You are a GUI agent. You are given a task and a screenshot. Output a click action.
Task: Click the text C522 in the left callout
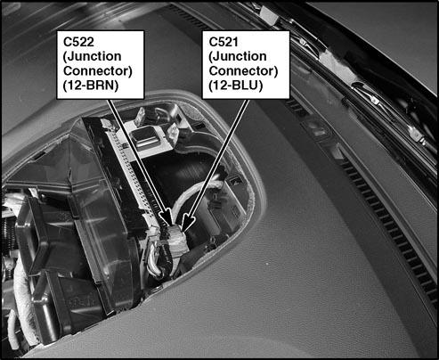(x=78, y=42)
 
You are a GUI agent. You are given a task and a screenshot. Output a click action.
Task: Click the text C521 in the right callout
(x=224, y=42)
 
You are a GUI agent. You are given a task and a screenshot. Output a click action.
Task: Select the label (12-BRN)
(x=91, y=86)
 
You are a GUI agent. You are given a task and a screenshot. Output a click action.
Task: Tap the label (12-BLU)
(x=236, y=86)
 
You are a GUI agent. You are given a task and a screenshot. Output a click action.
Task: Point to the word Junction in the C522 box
(x=93, y=56)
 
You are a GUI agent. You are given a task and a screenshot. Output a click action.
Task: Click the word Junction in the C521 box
(x=238, y=56)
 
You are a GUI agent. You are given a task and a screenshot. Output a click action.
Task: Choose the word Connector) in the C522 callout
(x=98, y=71)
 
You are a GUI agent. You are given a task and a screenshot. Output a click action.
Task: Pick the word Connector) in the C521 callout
(x=243, y=71)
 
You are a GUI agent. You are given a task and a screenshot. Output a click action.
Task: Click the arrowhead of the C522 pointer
(x=166, y=216)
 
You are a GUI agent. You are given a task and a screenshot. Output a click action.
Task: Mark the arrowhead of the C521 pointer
(x=187, y=222)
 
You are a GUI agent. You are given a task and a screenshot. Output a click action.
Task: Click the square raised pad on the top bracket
(x=148, y=137)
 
